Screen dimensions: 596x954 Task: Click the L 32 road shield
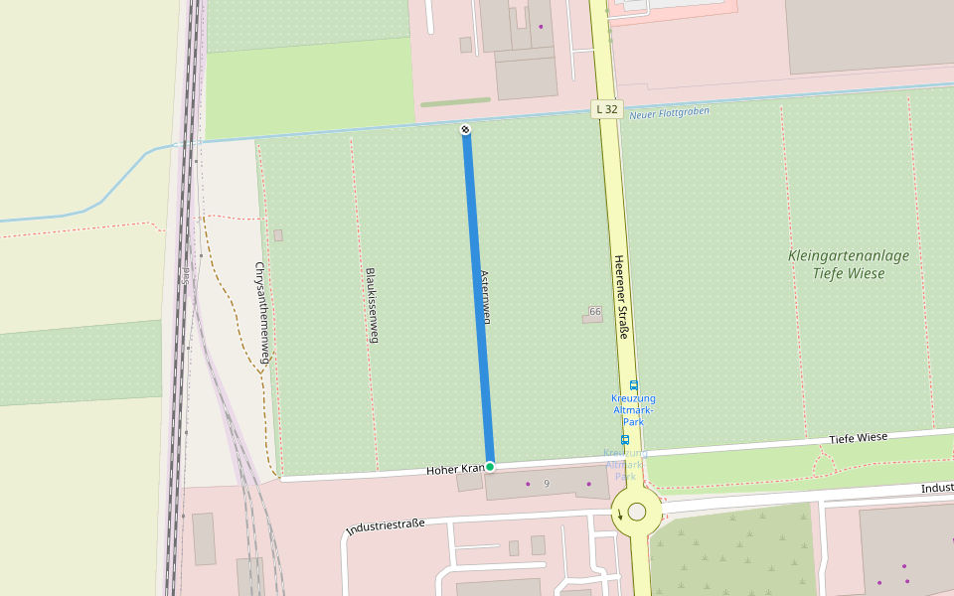click(608, 108)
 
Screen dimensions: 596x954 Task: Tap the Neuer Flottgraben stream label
click(670, 113)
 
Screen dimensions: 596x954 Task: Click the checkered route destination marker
click(466, 130)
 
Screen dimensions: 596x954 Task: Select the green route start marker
click(490, 466)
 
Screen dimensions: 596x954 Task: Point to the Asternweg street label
click(486, 297)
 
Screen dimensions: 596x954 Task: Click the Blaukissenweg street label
click(372, 305)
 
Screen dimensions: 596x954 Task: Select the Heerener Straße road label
click(620, 295)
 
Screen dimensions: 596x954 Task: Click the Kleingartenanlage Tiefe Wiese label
click(848, 264)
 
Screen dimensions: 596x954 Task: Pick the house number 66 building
click(593, 313)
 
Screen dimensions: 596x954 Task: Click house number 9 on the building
click(547, 483)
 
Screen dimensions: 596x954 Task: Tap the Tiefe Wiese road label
click(859, 438)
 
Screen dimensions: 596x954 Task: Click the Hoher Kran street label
click(455, 469)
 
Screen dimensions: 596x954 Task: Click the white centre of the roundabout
click(637, 512)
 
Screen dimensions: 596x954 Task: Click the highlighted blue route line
click(478, 298)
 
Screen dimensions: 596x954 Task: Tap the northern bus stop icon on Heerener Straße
click(633, 385)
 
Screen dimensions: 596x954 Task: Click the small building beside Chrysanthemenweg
click(278, 235)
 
